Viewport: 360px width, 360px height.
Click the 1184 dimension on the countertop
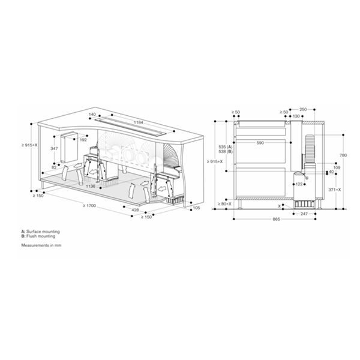(x=139, y=122)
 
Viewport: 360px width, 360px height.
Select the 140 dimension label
(x=92, y=114)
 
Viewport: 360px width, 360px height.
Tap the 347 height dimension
(x=54, y=148)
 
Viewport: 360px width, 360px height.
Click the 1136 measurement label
(x=91, y=187)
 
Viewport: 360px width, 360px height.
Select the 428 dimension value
(x=135, y=210)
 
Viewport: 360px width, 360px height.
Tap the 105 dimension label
(x=196, y=208)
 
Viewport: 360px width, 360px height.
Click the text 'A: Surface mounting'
(x=40, y=231)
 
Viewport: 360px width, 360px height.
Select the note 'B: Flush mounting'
(x=38, y=236)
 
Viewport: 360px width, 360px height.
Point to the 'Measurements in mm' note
(x=41, y=245)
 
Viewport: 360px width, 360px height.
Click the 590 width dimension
(x=260, y=143)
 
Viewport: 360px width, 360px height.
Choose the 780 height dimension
(x=343, y=154)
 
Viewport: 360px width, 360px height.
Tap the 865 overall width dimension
(x=275, y=220)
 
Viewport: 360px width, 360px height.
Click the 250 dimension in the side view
(x=302, y=109)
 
